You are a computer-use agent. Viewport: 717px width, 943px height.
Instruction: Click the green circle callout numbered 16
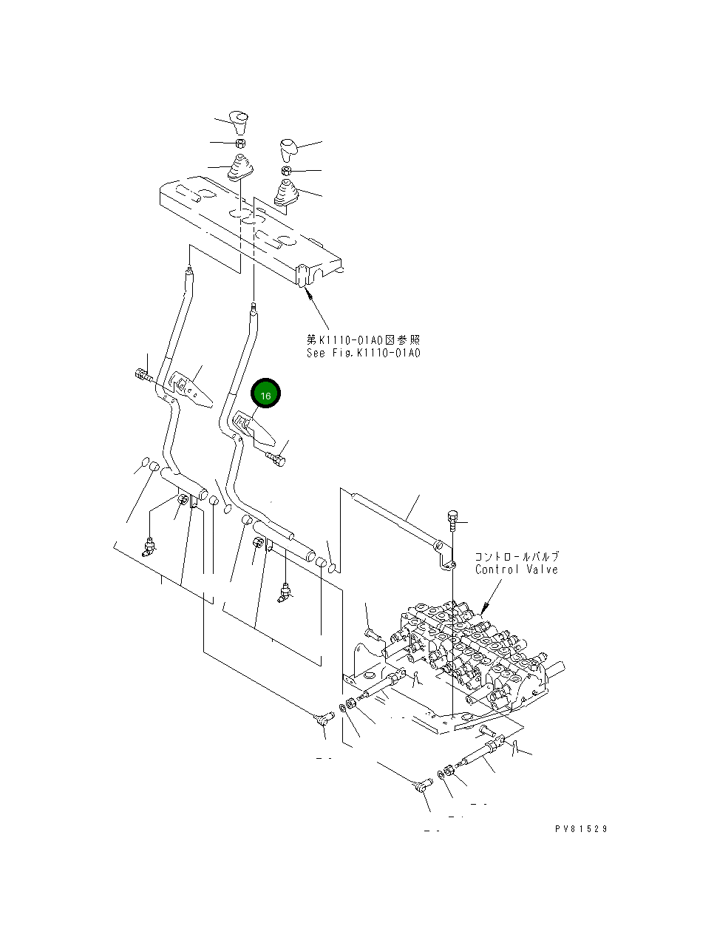tap(266, 395)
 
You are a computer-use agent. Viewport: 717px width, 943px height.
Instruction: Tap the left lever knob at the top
tap(239, 120)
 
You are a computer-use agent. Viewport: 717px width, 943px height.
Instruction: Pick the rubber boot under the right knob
tap(286, 193)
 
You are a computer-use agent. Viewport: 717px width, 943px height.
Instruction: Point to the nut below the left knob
tap(240, 142)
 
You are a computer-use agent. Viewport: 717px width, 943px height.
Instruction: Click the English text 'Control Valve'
tap(516, 569)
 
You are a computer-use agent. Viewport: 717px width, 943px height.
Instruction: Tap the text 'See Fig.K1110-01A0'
tap(363, 353)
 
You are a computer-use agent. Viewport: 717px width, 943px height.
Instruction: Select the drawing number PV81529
tap(581, 829)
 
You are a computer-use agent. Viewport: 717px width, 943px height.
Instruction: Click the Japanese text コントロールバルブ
tap(516, 556)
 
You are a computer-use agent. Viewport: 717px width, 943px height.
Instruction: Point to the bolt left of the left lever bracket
tap(142, 375)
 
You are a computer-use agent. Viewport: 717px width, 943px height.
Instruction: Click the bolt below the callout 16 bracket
tap(276, 461)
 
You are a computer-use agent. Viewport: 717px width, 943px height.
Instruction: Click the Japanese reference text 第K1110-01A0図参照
tap(363, 339)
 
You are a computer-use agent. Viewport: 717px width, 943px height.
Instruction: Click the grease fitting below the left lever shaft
tap(149, 548)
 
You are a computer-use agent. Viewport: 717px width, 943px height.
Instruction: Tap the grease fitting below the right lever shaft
tap(284, 592)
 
